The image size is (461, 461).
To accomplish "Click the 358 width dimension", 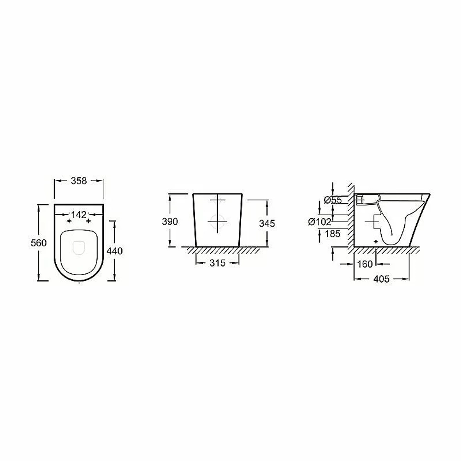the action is [79, 181].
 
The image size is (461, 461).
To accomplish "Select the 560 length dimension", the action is [39, 243].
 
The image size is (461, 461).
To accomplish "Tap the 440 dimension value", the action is [115, 251].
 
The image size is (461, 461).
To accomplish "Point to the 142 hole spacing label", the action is [79, 215].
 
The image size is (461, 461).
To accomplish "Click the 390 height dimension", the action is [170, 221].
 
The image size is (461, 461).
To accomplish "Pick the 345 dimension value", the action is [267, 224].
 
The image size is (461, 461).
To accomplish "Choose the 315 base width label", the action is [218, 263].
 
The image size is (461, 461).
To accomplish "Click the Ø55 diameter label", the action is [333, 200].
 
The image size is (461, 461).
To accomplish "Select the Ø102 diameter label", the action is [320, 221].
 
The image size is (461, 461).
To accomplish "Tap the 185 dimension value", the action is [332, 234].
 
